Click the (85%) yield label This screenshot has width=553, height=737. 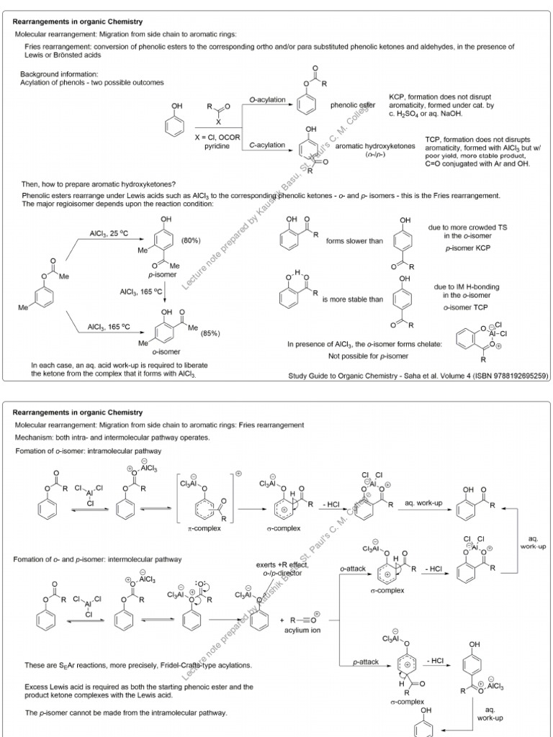210,333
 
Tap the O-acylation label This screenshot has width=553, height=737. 267,99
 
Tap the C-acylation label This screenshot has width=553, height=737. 267,145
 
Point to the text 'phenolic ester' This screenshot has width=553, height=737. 353,105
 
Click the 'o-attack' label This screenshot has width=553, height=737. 354,568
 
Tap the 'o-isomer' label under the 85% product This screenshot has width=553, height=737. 166,351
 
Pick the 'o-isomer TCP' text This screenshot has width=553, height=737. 467,307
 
